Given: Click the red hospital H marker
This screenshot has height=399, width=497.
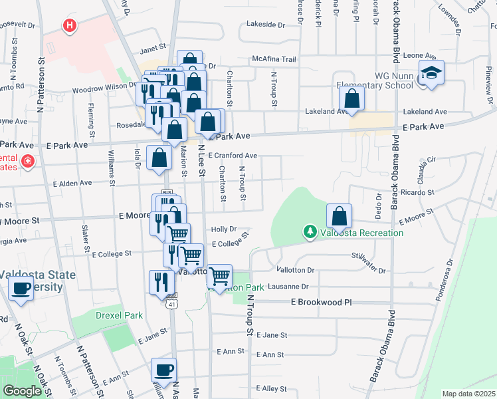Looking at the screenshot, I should pos(69,27).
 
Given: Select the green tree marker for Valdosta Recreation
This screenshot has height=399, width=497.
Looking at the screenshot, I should pos(309,232).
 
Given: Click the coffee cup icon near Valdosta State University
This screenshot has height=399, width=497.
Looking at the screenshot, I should pos(21,289).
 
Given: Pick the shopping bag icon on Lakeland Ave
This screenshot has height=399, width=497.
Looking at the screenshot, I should pos(351,99).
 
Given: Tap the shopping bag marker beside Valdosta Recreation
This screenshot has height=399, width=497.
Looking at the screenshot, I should pos(340,215).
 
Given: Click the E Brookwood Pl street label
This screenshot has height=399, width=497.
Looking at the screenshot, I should pos(320,302).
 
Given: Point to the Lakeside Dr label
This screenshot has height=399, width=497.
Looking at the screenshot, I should pos(265,25).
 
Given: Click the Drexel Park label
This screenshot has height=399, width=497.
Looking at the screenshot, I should pos(100,315).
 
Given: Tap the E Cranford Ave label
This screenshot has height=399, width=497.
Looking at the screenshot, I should pos(232,156).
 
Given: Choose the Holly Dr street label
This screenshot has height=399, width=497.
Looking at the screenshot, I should pos(224,229).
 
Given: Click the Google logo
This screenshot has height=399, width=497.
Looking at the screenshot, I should pos(22,391).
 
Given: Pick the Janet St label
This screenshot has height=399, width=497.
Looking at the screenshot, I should pos(152,49).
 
